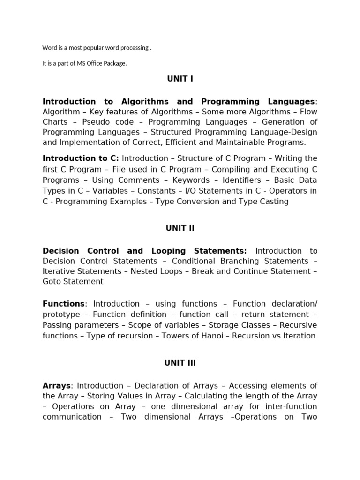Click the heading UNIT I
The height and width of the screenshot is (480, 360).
coord(180,79)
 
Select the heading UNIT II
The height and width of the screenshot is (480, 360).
coord(180,228)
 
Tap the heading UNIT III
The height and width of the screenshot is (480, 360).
coord(180,363)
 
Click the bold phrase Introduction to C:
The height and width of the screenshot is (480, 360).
coord(81,158)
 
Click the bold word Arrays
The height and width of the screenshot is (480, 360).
coord(56,386)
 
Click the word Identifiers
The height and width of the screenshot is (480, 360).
coord(239,180)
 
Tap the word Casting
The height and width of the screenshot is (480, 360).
coord(275,202)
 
